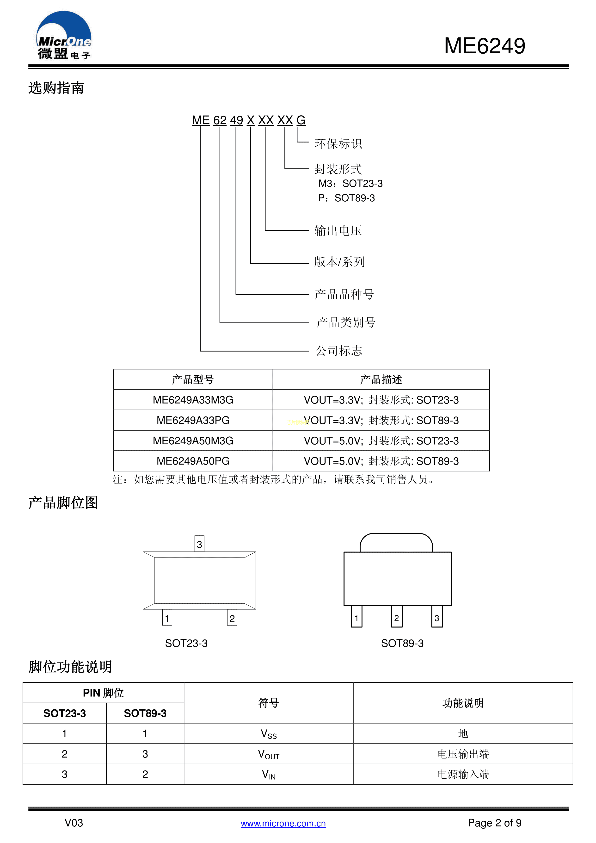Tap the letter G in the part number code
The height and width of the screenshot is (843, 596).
[x=301, y=120]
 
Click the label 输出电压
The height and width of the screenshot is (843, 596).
[x=338, y=231]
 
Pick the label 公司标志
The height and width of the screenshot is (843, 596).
[x=339, y=351]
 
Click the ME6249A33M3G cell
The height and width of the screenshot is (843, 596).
[x=193, y=400]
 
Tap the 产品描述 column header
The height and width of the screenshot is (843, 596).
[x=381, y=379]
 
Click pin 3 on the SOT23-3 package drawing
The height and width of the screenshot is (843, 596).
[x=199, y=544]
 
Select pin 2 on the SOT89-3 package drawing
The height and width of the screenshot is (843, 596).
[x=397, y=617]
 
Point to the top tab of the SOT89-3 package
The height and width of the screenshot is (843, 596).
[x=396, y=543]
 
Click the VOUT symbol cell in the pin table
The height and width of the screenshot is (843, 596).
[x=269, y=754]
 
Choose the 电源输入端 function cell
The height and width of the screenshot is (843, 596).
[x=463, y=774]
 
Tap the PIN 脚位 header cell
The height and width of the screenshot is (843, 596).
[x=104, y=693]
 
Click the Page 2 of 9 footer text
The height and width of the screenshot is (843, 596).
[x=495, y=823]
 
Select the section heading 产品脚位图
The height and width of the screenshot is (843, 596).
[x=63, y=503]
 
